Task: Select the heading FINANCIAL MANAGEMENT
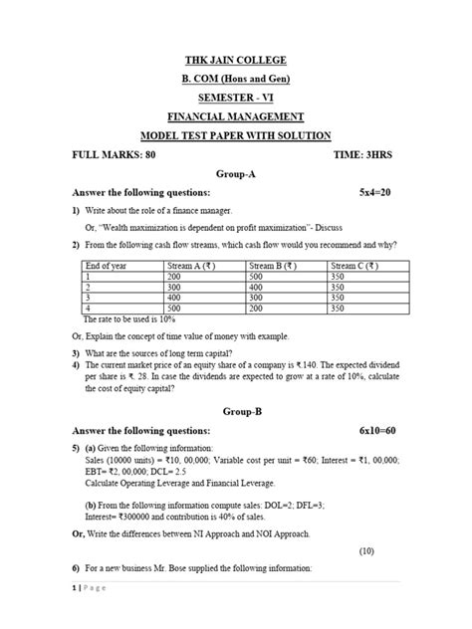[x=236, y=116]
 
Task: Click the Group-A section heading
[x=236, y=172]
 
